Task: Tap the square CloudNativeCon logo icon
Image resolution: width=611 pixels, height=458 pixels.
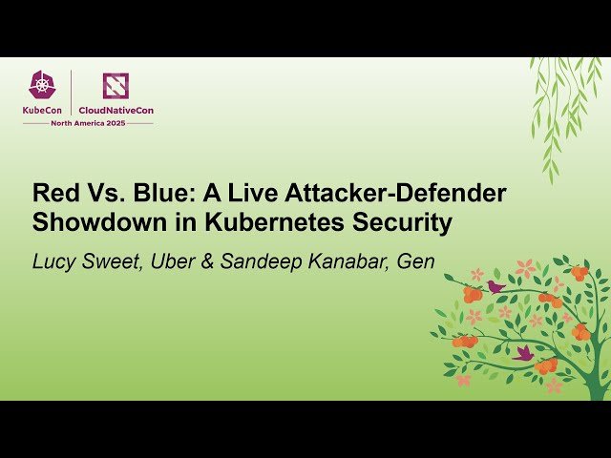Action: pyautogui.click(x=116, y=86)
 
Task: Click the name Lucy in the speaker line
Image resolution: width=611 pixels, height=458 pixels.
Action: pyautogui.click(x=54, y=260)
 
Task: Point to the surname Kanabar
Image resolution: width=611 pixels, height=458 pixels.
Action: pyautogui.click(x=340, y=260)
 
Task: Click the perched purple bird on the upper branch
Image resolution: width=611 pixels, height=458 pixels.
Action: pyautogui.click(x=495, y=285)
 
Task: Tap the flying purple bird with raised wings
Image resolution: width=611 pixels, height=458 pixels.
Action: pyautogui.click(x=523, y=353)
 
